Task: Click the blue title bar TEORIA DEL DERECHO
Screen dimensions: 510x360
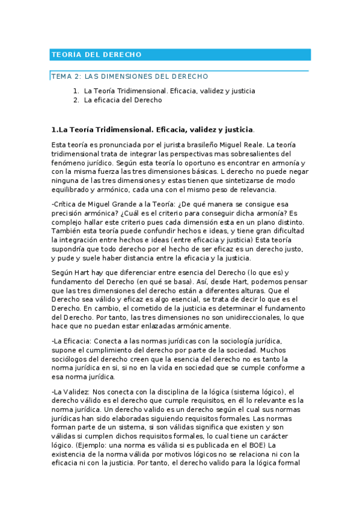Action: pyautogui.click(x=180, y=55)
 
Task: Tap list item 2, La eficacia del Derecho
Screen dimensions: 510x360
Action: pyautogui.click(x=123, y=100)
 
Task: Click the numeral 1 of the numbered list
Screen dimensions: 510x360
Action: pyautogui.click(x=75, y=91)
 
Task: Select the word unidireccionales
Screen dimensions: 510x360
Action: pyautogui.click(x=243, y=317)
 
